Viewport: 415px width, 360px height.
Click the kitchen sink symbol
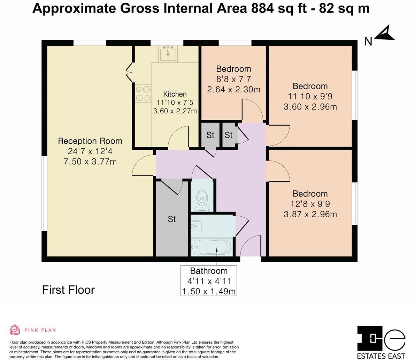[168, 54]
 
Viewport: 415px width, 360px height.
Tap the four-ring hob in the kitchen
[143, 93]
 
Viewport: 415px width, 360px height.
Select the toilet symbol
[202, 201]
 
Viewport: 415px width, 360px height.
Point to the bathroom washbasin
[196, 226]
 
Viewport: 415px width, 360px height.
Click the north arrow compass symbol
[385, 33]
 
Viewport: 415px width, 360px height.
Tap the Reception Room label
[90, 141]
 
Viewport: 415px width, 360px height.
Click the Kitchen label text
[175, 94]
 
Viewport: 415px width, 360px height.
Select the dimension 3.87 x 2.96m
[310, 214]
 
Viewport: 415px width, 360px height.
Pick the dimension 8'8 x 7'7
[233, 79]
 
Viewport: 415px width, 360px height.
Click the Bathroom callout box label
[208, 271]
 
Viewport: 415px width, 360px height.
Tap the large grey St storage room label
[172, 219]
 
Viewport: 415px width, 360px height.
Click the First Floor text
[68, 290]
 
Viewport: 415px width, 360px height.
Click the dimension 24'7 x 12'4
[90, 151]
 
